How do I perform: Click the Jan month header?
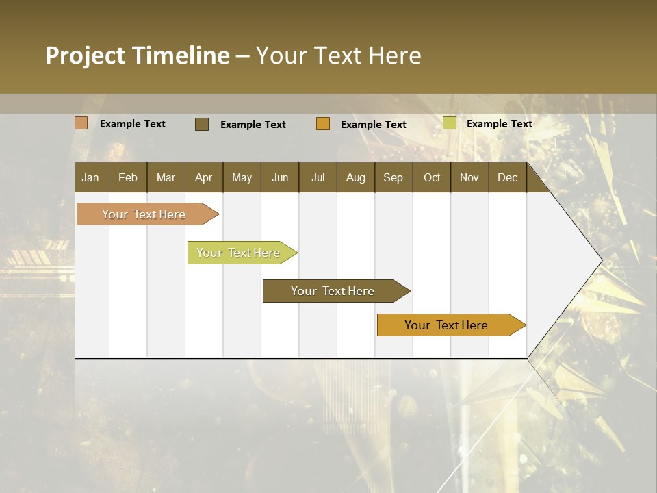(90, 178)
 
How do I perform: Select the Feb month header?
(128, 178)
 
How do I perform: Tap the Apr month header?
(203, 178)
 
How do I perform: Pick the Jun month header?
(280, 178)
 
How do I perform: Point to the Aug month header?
(355, 178)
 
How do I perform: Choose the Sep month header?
(393, 178)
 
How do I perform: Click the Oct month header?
(432, 178)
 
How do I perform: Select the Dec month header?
(507, 178)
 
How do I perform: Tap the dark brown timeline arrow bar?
(333, 291)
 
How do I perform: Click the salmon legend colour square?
(81, 123)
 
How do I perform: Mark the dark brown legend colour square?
(202, 124)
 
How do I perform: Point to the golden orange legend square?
(323, 124)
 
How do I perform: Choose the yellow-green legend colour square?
(450, 123)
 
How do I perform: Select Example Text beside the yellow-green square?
(499, 124)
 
